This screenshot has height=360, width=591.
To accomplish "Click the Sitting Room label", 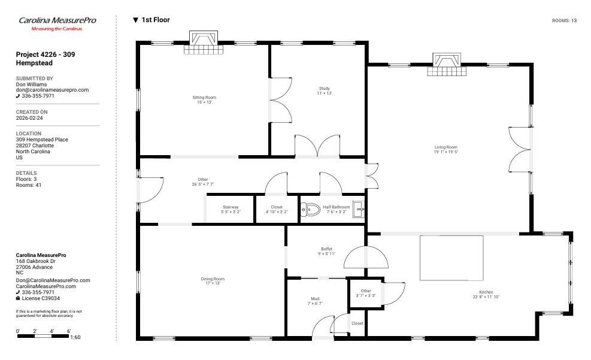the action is [204, 97].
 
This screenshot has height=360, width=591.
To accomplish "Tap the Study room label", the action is [324, 89].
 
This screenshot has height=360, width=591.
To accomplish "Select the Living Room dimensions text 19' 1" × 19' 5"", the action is [446, 152].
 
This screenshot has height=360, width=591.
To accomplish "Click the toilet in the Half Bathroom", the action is [310, 209].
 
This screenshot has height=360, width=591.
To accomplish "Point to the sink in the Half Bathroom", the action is [359, 209].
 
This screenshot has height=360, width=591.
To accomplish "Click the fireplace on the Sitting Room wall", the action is [204, 42].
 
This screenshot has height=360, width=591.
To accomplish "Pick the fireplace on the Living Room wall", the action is [447, 64].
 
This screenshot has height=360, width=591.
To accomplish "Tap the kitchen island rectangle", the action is [451, 258].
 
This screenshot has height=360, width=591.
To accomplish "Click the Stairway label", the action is [231, 207].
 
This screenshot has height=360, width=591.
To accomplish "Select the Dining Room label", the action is [213, 279].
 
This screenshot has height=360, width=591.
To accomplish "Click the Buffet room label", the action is [326, 249].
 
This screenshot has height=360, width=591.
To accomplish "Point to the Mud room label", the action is [315, 298].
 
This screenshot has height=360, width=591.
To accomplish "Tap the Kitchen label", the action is [486, 292].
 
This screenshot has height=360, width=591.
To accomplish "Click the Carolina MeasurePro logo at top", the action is [57, 23].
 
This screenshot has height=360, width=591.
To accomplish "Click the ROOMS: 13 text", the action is [564, 21].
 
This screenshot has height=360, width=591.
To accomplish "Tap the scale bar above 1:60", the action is [43, 336].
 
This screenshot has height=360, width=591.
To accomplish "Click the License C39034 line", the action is [38, 298].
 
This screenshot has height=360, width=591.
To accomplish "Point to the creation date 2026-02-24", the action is [29, 118].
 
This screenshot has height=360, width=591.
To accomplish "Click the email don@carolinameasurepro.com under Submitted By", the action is [52, 90].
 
